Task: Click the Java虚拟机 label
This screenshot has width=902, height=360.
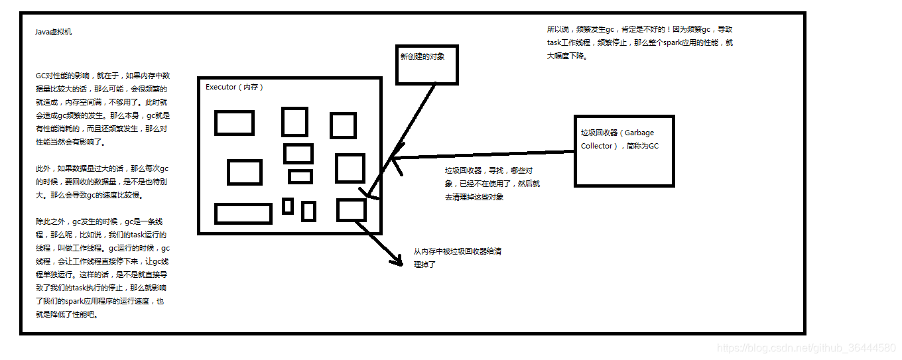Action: tap(54, 32)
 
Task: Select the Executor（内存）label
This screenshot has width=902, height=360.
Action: tap(234, 87)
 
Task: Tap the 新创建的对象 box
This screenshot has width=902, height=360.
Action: tap(426, 64)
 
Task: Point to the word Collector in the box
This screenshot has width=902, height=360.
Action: tap(597, 146)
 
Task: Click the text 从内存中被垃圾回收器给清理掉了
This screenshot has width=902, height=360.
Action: tap(457, 257)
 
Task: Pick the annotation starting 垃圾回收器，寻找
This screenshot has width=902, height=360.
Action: tap(492, 184)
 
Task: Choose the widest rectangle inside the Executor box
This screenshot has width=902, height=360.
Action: tap(243, 213)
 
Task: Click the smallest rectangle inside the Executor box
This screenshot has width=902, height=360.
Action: tap(288, 206)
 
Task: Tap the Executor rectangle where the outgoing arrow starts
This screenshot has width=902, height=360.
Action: tap(352, 210)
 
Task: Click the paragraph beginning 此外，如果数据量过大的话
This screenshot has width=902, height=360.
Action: tap(102, 182)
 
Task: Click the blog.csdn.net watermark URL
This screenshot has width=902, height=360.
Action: tap(806, 348)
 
